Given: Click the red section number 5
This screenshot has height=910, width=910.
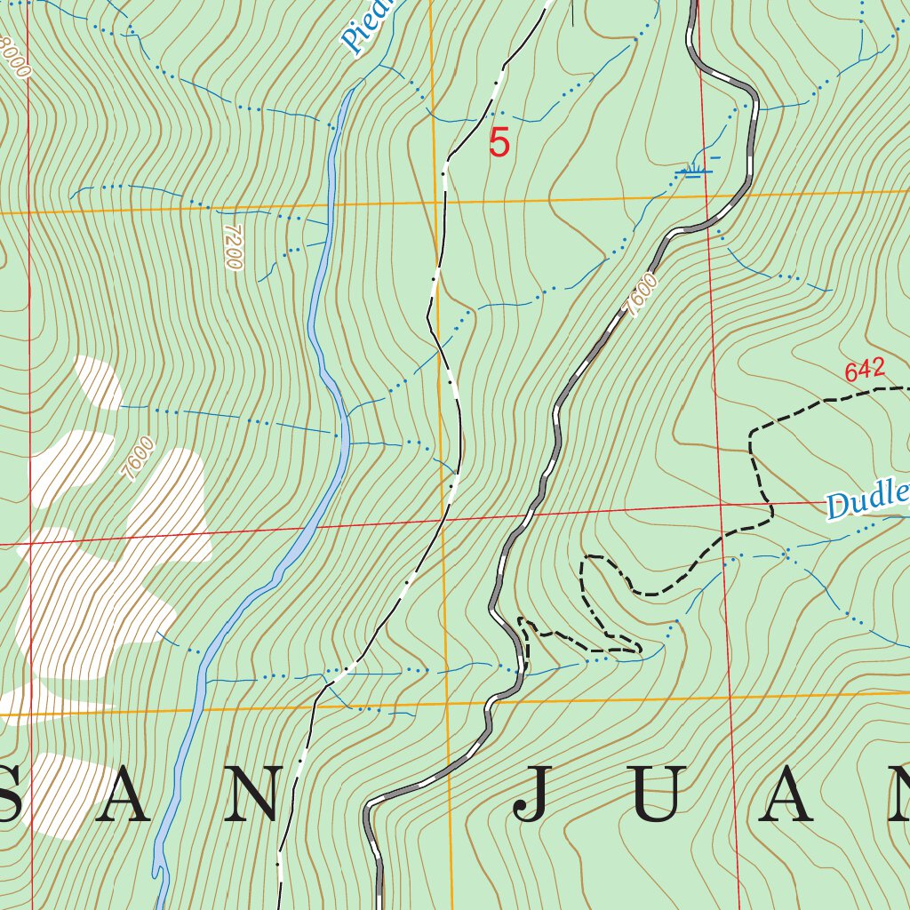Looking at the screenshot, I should click(499, 143).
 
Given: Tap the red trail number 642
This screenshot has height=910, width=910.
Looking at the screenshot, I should click(865, 371).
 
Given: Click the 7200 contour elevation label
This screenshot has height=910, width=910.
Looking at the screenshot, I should click(233, 246).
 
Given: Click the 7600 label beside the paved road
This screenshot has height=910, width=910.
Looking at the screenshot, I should click(641, 295).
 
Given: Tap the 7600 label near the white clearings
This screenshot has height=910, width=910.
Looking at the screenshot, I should click(140, 459).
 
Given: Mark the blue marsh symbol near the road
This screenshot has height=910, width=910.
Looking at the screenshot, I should click(694, 170).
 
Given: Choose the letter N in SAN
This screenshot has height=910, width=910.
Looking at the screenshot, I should click(257, 794).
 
